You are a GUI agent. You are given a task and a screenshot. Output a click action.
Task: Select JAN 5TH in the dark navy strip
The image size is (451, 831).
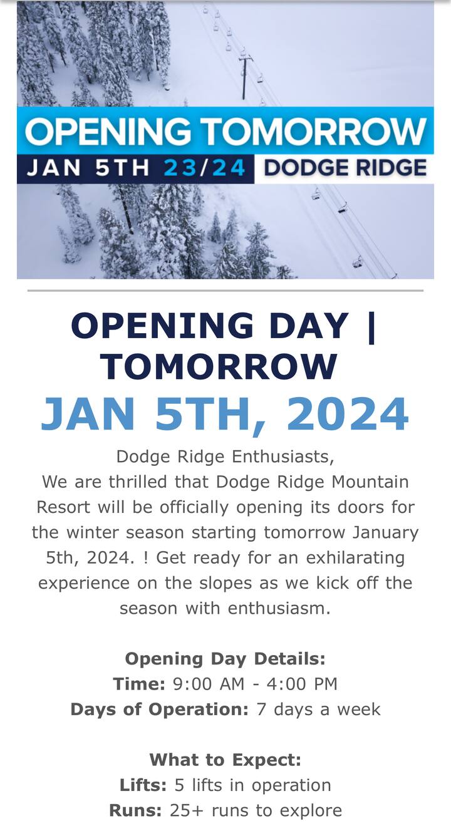click(88, 168)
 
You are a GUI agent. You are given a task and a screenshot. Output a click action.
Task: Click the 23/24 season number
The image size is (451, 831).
click(204, 168)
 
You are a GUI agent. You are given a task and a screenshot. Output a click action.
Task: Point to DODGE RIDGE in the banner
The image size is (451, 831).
click(345, 168)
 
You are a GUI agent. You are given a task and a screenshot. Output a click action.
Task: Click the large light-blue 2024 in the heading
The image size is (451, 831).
click(347, 414)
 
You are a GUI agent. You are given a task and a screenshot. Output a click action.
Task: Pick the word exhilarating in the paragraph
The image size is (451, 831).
click(355, 557)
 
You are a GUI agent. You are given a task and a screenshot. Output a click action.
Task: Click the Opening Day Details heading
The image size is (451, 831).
click(225, 659)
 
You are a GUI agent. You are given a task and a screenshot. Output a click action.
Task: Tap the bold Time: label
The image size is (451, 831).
click(139, 684)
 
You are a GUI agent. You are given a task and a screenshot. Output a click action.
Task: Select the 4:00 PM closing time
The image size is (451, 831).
click(302, 684)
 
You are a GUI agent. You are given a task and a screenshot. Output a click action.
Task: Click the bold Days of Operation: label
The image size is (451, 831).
click(160, 710)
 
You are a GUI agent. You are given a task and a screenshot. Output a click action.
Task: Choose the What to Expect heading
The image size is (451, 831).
click(225, 760)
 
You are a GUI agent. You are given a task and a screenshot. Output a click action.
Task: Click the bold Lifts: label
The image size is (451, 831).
click(143, 785)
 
